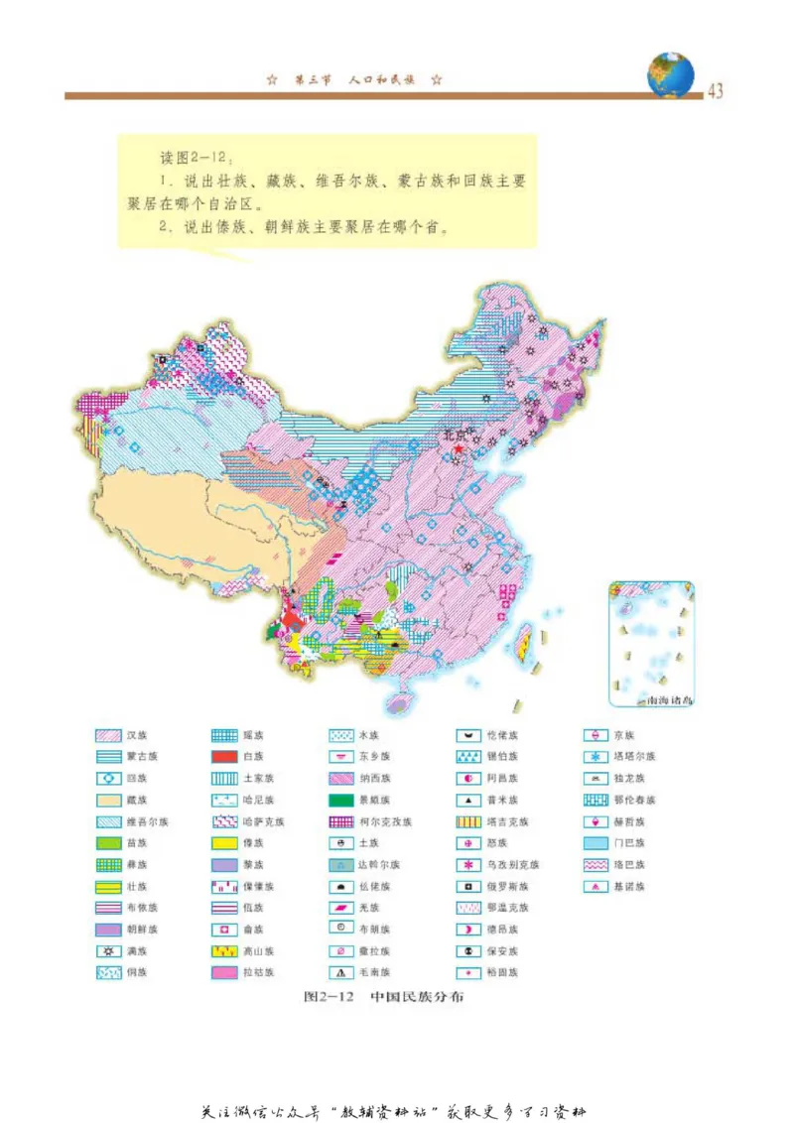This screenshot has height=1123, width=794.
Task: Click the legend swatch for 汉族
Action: (x=107, y=735)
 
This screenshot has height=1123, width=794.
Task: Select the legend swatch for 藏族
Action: (x=107, y=800)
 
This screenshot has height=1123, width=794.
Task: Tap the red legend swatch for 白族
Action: (x=223, y=757)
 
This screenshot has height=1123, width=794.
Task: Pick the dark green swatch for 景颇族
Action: (x=341, y=800)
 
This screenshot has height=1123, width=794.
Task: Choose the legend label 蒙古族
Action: (x=141, y=757)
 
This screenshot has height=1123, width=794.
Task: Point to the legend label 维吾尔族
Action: (x=147, y=821)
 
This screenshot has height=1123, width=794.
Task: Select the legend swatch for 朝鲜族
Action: (x=107, y=930)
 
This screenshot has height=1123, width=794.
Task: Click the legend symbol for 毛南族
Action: (x=341, y=972)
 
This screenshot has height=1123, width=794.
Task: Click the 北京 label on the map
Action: (x=453, y=434)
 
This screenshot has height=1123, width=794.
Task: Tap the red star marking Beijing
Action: (x=460, y=446)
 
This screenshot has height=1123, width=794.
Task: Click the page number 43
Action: (x=715, y=92)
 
